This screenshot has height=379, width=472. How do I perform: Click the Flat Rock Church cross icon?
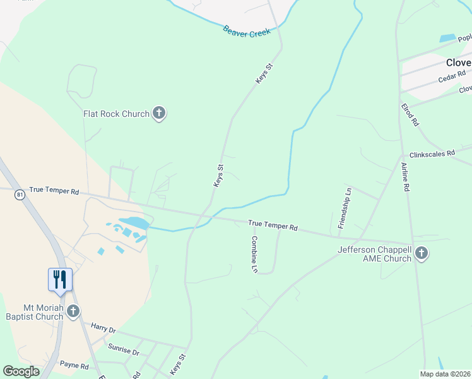[159, 114]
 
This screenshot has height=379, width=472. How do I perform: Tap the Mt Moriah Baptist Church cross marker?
[74, 311]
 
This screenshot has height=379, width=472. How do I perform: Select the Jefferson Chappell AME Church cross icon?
[422, 253]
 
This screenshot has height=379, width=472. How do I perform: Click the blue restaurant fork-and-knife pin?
[60, 279]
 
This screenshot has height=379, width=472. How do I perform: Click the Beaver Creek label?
[246, 30]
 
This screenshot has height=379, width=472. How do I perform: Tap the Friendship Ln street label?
[345, 208]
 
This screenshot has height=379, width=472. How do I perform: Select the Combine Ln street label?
[255, 254]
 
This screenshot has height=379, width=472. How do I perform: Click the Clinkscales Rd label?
[432, 153]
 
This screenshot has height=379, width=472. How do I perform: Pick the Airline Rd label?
[405, 177]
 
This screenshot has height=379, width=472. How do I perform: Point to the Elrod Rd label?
[410, 116]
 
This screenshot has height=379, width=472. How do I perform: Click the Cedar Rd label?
[451, 78]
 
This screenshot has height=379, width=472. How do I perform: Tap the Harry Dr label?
[103, 328]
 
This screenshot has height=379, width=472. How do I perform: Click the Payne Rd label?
[74, 365]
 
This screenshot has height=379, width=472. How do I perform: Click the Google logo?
[21, 371]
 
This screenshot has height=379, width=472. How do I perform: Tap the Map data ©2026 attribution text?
[445, 374]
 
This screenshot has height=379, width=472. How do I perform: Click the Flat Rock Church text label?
[116, 114]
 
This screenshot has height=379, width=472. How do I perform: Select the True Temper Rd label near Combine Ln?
[273, 224]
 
